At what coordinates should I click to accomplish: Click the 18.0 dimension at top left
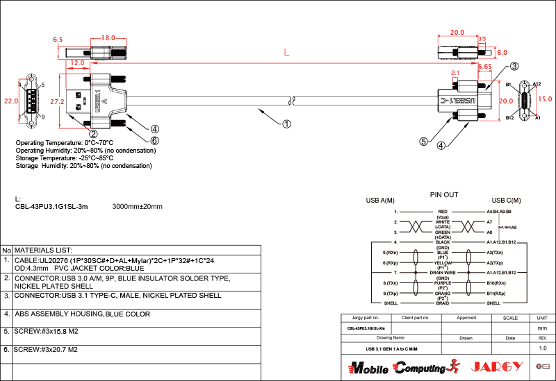[108, 38]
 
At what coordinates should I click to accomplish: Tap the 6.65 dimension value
[485, 67]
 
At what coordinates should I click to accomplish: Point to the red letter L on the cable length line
[286, 52]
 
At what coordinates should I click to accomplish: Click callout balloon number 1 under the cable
[286, 125]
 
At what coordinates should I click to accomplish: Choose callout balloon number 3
[514, 67]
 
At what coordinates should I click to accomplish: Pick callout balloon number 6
[155, 141]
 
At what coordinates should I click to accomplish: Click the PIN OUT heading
[443, 195]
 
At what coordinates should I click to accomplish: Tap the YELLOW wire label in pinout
[443, 264]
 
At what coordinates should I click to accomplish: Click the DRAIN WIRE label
[443, 273]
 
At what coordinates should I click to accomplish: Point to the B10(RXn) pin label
[500, 283]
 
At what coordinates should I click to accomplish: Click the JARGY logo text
[496, 366]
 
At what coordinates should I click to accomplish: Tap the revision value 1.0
[543, 348]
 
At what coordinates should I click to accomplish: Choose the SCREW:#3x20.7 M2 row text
[46, 350]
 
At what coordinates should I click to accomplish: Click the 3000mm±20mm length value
[137, 207]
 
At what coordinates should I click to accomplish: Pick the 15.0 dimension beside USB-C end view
[546, 99]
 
